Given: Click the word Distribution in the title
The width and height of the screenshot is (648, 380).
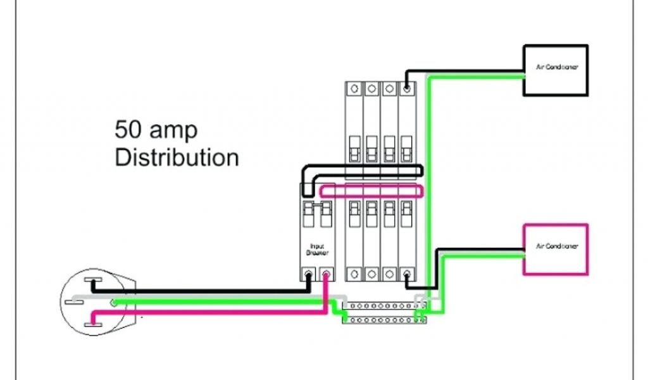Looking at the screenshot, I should pyautogui.click(x=177, y=157).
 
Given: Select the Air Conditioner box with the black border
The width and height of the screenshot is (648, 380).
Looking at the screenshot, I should pyautogui.click(x=556, y=70).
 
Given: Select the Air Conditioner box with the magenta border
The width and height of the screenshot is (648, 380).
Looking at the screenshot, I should pyautogui.click(x=556, y=249).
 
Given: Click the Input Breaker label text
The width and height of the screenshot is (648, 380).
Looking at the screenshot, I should pyautogui.click(x=316, y=248).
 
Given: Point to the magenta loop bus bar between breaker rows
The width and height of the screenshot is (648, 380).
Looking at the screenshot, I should pyautogui.click(x=370, y=191).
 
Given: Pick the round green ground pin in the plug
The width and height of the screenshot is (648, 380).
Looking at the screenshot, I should pyautogui.click(x=114, y=303).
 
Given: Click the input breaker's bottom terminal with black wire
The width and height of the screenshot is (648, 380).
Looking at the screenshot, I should pyautogui.click(x=308, y=274).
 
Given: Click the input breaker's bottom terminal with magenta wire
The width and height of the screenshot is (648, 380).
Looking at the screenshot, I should pyautogui.click(x=327, y=274).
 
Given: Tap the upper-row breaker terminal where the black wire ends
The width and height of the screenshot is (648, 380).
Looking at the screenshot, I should pyautogui.click(x=406, y=89).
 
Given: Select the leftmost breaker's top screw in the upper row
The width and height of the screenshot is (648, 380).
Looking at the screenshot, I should pyautogui.click(x=354, y=89).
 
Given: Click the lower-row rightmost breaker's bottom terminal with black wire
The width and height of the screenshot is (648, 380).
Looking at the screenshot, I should pyautogui.click(x=406, y=274).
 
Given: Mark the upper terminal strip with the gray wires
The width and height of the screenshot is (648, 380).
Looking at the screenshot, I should pyautogui.click(x=383, y=305).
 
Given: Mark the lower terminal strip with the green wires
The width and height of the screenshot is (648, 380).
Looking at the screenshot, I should pyautogui.click(x=383, y=320).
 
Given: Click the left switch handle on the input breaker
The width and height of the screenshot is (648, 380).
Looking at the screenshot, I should pyautogui.click(x=308, y=212).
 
